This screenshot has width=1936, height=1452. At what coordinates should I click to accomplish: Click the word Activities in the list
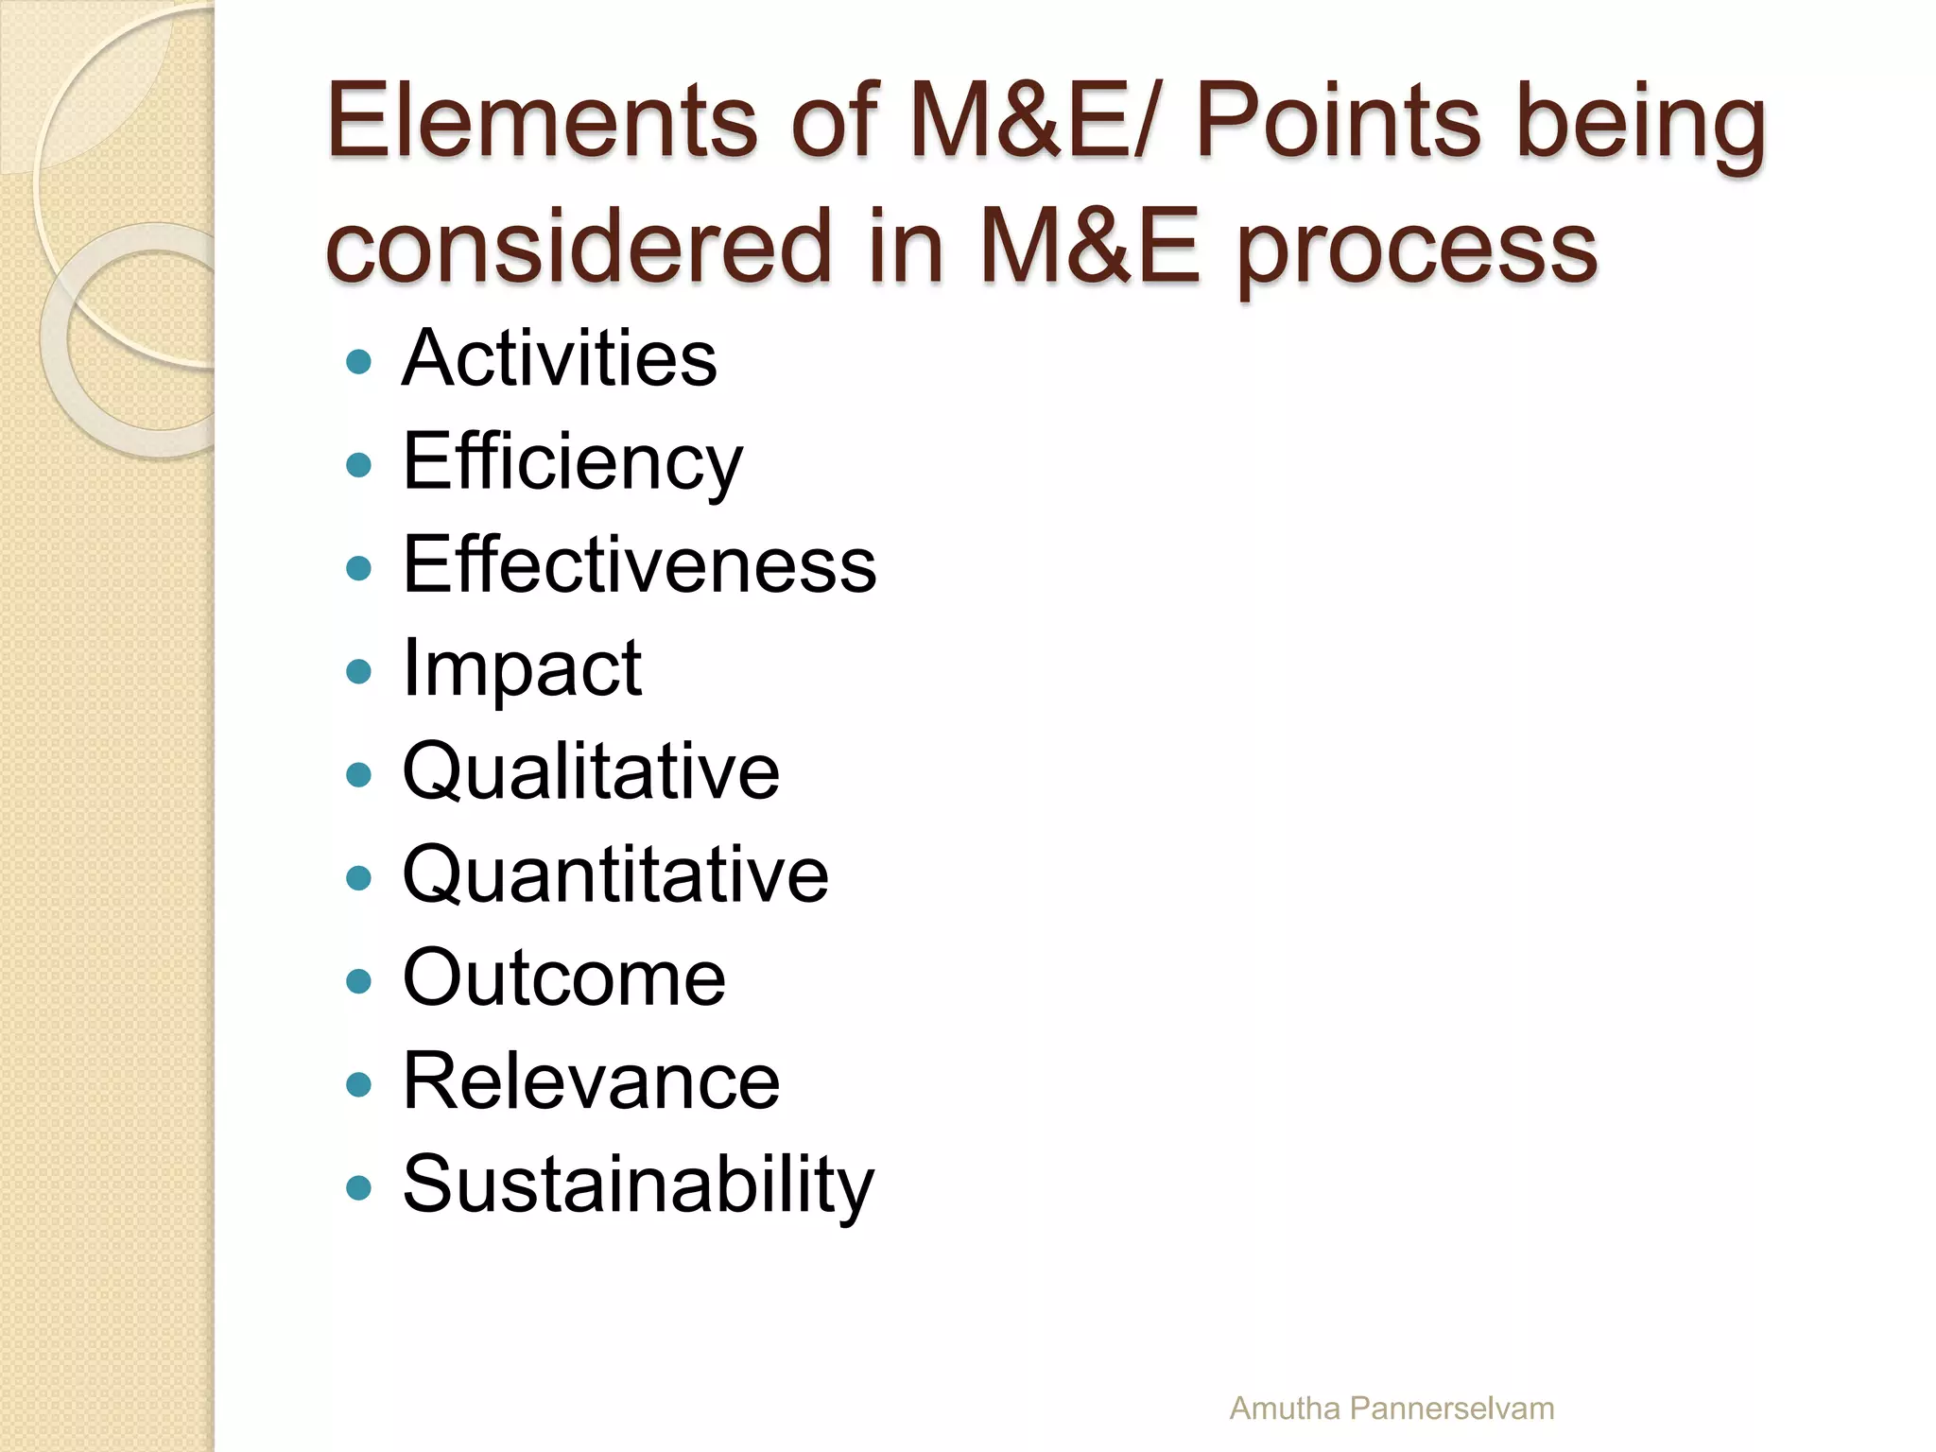tap(559, 358)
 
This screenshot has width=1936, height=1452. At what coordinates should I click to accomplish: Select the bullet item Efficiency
tap(572, 462)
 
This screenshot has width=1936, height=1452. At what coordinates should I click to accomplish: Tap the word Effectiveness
tap(639, 565)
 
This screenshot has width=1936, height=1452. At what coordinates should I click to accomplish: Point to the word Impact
tap(522, 669)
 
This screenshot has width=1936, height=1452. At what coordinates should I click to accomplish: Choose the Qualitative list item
tap(591, 772)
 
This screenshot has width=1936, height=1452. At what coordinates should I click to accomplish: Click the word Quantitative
tap(615, 875)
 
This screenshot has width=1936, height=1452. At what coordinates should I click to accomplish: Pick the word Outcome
tap(564, 978)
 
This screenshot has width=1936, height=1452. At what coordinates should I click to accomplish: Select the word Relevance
tap(591, 1081)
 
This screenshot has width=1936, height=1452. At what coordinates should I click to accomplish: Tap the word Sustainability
tap(639, 1185)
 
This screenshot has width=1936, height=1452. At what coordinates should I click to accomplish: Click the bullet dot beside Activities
tap(358, 362)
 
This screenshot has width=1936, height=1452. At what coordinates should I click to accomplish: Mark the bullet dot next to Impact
tap(358, 672)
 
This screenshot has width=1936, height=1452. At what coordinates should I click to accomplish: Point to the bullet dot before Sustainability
tap(358, 1188)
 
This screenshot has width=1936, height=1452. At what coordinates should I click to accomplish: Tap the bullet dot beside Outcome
tap(358, 981)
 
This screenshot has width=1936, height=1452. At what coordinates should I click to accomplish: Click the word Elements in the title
tap(542, 120)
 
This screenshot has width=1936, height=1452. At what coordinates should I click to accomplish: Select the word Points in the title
tap(1337, 120)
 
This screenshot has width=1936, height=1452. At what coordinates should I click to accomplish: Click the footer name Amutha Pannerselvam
tap(1391, 1409)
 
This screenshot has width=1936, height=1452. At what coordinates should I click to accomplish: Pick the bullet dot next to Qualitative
tap(358, 775)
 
